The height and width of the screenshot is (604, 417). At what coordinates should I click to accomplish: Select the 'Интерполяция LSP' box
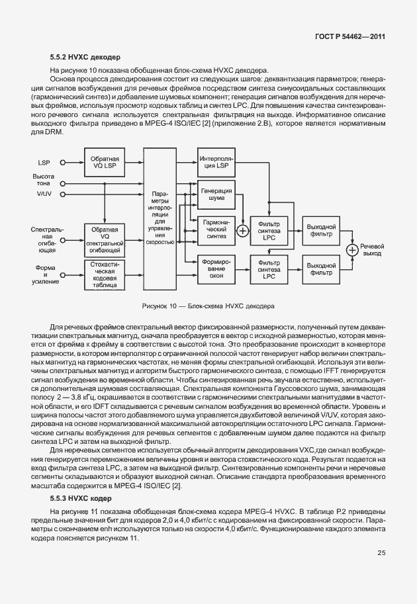216,162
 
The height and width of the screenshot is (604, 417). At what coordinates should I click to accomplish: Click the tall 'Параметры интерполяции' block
161,218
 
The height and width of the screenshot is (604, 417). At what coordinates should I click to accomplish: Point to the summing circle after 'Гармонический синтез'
242,231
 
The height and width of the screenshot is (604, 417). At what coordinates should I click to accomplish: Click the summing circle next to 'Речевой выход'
353,249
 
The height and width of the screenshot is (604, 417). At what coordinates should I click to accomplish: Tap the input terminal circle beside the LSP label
63,162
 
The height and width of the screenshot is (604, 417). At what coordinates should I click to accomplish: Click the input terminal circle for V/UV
63,194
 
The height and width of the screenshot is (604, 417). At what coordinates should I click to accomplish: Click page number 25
381,553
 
